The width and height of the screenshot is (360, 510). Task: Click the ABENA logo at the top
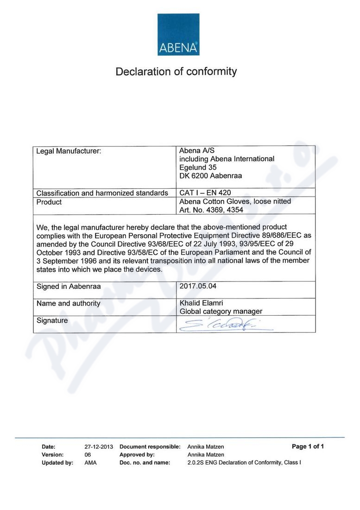click(x=178, y=34)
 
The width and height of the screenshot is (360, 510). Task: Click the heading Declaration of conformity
click(x=176, y=72)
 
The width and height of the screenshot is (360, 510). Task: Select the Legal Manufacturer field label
click(x=69, y=151)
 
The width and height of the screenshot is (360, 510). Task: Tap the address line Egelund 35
click(x=198, y=167)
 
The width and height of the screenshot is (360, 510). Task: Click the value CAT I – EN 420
click(x=205, y=192)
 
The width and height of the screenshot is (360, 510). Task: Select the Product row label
click(x=49, y=202)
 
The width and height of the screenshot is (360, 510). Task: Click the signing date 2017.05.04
click(x=198, y=286)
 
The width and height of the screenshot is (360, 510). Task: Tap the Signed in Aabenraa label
click(x=69, y=287)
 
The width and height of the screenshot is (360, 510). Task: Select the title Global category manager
click(x=221, y=312)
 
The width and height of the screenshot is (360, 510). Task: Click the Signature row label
click(x=52, y=320)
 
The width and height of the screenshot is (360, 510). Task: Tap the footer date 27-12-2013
click(x=99, y=447)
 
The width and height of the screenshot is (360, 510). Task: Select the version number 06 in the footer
click(x=88, y=455)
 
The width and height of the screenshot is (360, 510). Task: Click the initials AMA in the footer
click(x=90, y=463)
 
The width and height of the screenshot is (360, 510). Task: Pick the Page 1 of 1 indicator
click(x=308, y=446)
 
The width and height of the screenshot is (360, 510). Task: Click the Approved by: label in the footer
click(x=137, y=455)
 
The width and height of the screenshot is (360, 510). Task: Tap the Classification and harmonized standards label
click(x=102, y=193)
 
